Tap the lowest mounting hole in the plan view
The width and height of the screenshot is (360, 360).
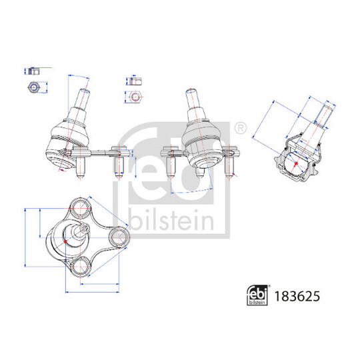pyautogui.click(x=81, y=268)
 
